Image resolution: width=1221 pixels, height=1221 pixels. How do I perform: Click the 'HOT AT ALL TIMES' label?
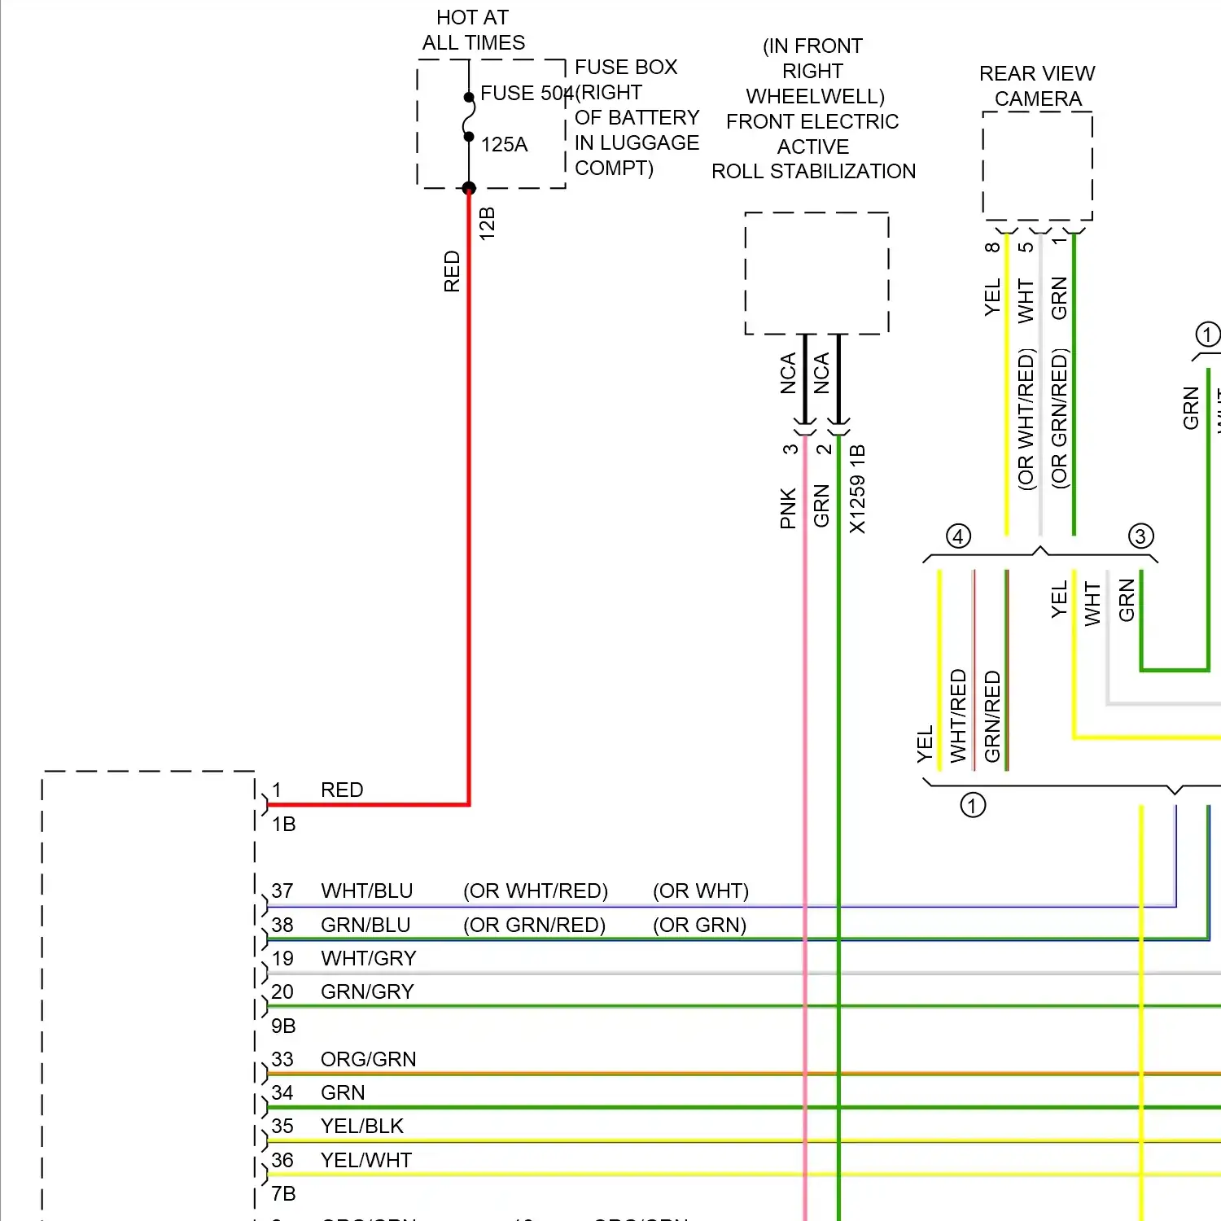473,30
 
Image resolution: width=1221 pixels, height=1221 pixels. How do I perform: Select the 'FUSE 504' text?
526,94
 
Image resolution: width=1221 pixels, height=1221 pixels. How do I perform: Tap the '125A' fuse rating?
504,145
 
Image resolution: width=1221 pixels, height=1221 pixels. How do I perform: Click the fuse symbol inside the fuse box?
469,117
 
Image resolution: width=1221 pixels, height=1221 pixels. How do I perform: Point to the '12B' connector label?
487,223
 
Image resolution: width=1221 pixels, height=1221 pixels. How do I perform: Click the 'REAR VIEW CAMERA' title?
1037,86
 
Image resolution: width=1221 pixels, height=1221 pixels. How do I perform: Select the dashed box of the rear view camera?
1037,166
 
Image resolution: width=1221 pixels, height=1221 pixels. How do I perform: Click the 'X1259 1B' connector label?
857,489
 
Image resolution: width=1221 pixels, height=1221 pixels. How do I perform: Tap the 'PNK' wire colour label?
788,509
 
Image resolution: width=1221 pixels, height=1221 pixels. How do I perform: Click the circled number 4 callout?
958,536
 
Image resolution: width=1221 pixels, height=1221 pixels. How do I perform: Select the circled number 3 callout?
1140,536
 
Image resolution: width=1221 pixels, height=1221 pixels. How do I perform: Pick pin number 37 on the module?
282,891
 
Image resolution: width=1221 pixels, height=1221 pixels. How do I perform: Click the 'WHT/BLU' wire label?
367,891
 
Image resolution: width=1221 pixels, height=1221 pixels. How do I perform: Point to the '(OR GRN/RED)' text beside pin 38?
534,926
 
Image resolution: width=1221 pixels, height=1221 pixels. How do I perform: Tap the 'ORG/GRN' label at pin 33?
368,1059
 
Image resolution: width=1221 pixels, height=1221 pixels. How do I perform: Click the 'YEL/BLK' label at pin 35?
362,1126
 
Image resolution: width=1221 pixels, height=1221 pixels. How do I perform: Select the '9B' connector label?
283,1026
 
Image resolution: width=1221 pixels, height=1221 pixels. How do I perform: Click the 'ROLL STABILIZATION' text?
813,172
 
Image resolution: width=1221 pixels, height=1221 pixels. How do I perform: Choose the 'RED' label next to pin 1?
342,790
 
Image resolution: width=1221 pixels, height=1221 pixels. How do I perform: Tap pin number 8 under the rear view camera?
992,247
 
